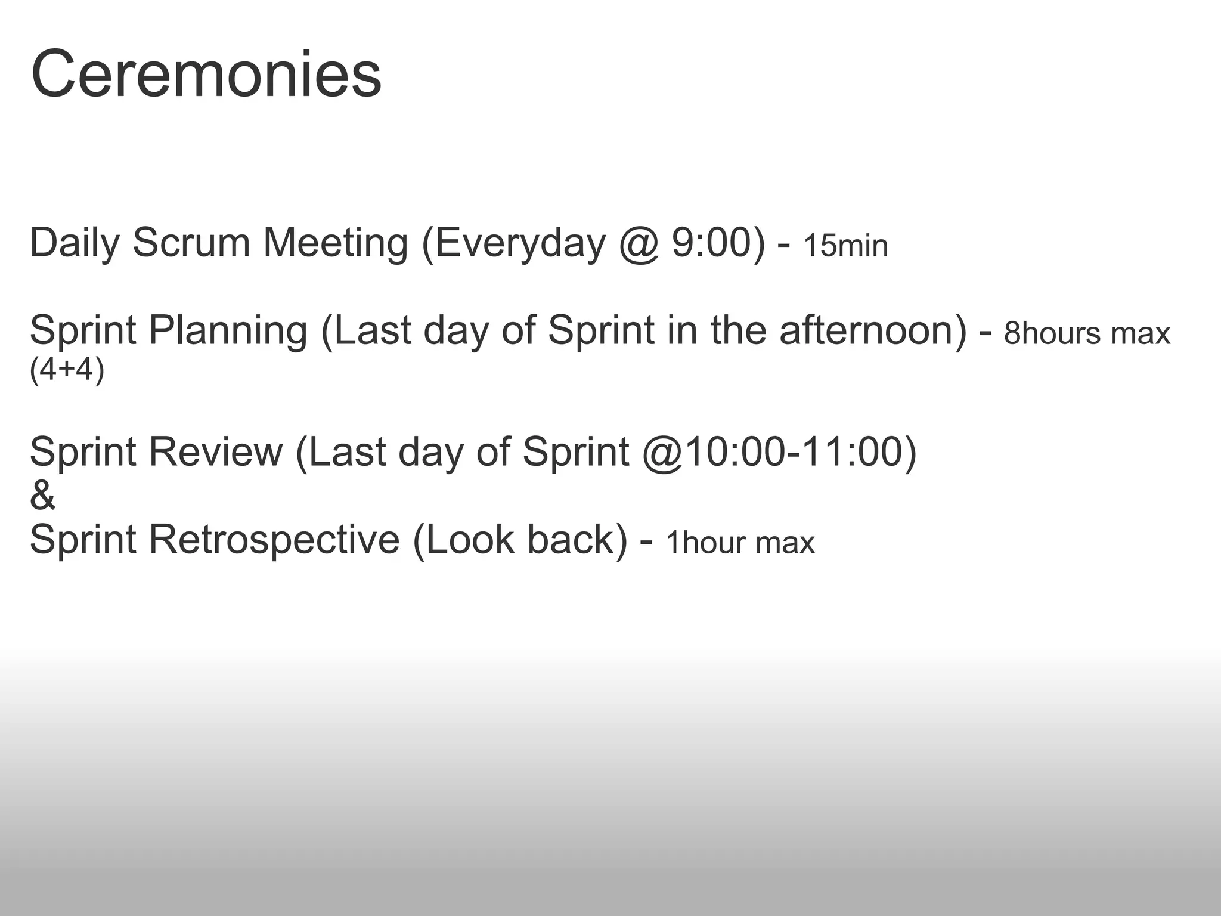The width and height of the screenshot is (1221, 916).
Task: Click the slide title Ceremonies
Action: pos(206,75)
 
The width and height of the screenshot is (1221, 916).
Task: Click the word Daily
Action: pos(74,243)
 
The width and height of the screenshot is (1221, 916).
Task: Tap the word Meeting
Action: pos(336,243)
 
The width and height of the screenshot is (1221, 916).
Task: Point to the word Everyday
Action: pos(520,243)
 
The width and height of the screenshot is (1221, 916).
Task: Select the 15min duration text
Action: pos(845,246)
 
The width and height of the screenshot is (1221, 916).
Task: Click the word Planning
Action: pos(228,331)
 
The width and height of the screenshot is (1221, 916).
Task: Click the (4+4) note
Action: pos(67,370)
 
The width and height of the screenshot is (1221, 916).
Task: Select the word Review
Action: pos(215,452)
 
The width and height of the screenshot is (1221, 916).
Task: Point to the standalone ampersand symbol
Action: pos(42,496)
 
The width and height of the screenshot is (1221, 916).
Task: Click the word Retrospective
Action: pos(274,540)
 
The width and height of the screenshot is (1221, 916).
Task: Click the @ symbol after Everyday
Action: pos(639,243)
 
